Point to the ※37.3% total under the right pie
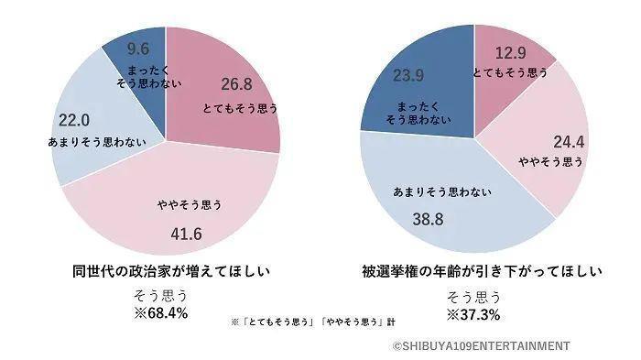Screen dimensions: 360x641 point(473,313)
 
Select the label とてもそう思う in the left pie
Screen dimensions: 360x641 point(239,108)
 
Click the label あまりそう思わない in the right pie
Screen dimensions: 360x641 point(442,192)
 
